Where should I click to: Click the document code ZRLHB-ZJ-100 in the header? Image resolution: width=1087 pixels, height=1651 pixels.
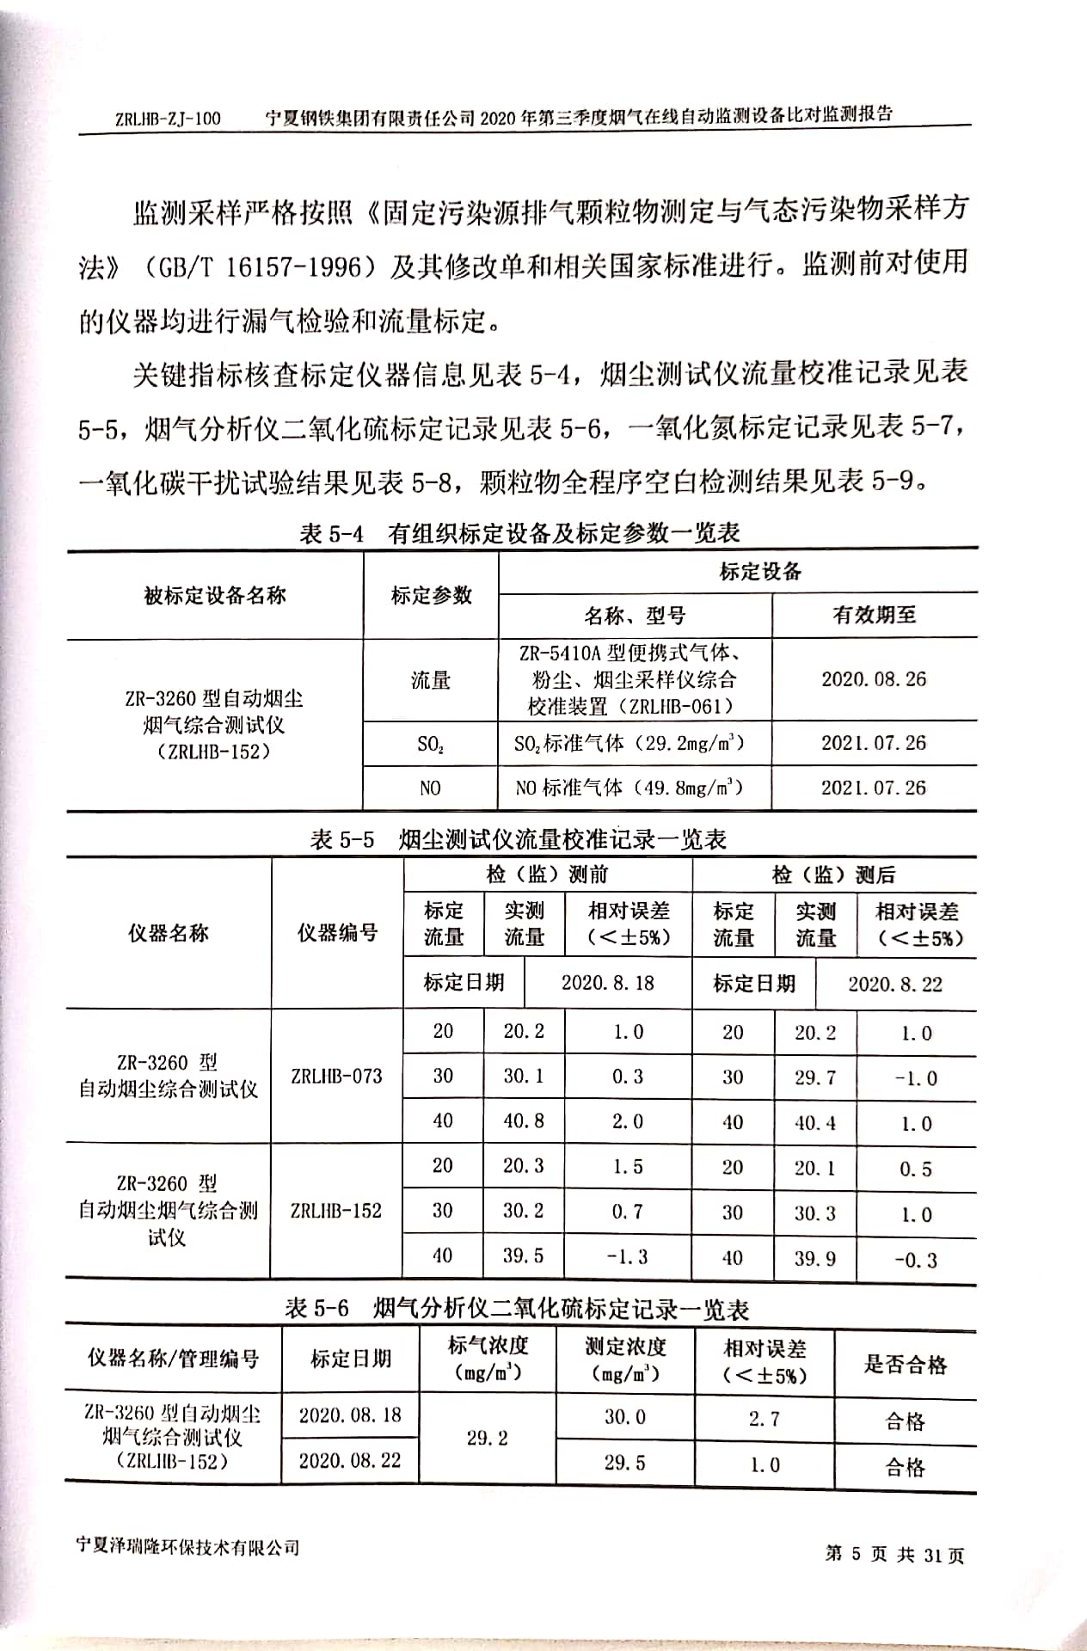pos(168,119)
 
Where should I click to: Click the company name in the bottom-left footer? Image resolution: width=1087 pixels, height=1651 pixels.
pos(187,1546)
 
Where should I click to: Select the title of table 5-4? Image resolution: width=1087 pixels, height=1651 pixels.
pos(519,533)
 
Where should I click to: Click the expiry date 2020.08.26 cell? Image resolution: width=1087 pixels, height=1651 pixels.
pos(874,679)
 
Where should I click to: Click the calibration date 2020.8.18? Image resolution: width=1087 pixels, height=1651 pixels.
pos(607,983)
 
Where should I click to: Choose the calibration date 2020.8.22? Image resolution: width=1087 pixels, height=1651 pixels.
pos(894,985)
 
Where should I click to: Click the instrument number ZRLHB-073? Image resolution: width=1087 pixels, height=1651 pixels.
pos(336,1076)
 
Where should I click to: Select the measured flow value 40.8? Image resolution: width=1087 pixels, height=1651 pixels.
pos(523,1121)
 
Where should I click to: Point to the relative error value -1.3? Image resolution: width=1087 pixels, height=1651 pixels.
pos(627,1256)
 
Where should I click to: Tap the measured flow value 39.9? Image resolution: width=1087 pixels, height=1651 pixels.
pos(814,1259)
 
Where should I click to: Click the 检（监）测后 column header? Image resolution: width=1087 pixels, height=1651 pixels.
pos(833,875)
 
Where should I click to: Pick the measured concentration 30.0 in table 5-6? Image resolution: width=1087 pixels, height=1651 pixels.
pos(624,1416)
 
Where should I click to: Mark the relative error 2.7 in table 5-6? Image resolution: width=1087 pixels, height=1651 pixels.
pos(764,1418)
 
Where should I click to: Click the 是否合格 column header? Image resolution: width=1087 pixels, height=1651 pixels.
pos(905,1365)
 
